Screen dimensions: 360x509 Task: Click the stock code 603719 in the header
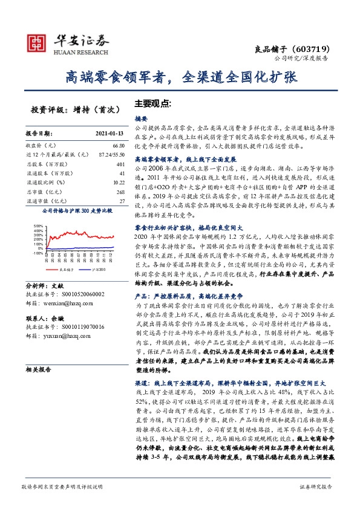(x=310, y=48)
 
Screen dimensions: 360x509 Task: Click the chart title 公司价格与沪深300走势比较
(x=77, y=212)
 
